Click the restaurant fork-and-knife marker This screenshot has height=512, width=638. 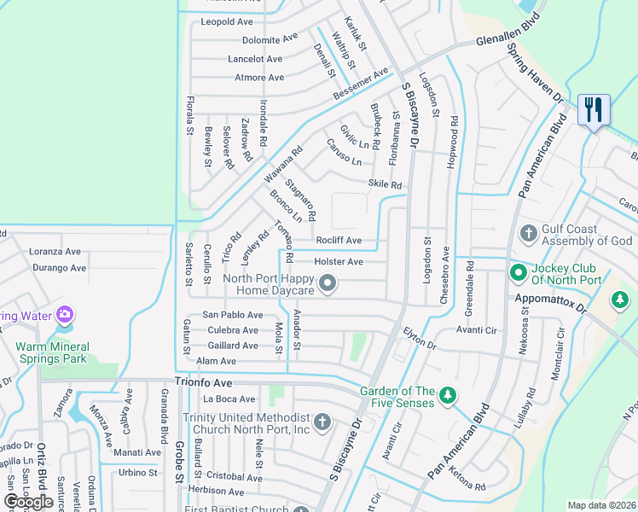click(594, 110)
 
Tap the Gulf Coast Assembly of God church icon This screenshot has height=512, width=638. click(529, 232)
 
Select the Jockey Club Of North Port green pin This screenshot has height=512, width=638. click(517, 273)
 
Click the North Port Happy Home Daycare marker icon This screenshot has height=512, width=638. click(328, 283)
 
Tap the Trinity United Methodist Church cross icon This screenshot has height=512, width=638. click(322, 421)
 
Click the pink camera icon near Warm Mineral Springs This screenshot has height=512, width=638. click(64, 316)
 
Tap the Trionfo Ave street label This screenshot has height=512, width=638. click(203, 383)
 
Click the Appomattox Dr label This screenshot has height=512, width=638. click(551, 300)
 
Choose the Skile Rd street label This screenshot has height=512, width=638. click(384, 184)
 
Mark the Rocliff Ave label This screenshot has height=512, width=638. click(339, 241)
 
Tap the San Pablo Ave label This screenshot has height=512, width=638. click(232, 315)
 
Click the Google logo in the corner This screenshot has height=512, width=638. click(28, 501)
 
